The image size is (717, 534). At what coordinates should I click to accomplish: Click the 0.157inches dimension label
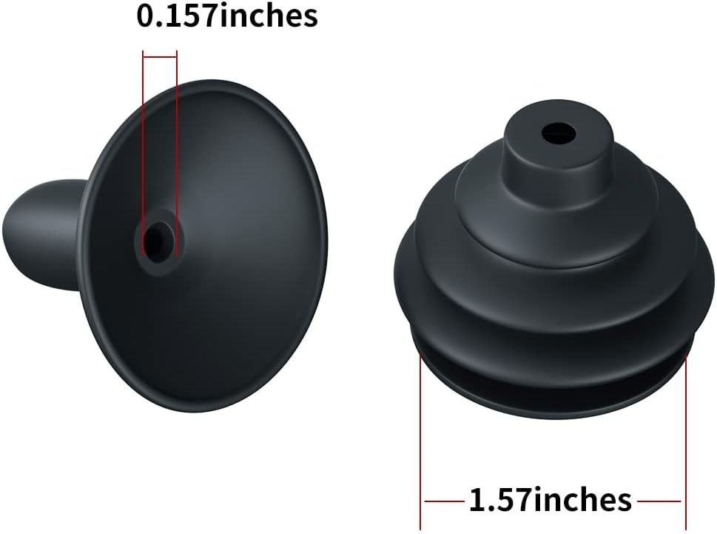(227, 16)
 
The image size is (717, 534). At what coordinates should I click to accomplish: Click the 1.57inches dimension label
(550, 500)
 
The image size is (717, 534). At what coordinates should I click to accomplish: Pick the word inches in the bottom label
(581, 500)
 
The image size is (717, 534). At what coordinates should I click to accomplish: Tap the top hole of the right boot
(559, 133)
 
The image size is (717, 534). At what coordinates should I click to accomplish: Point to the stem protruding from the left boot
(44, 234)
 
